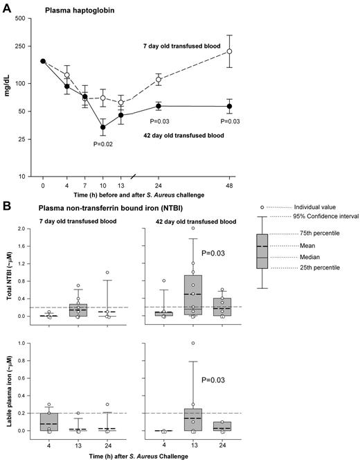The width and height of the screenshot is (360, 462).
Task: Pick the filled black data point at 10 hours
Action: point(103,127)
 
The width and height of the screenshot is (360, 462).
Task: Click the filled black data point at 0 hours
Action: point(43,61)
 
